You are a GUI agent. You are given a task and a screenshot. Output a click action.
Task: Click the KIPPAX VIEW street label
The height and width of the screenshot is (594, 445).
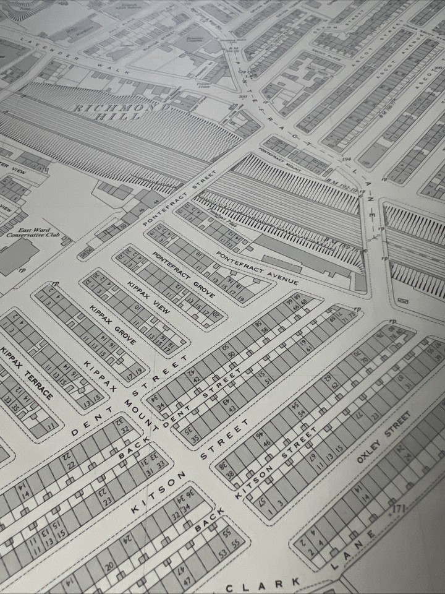(148, 296)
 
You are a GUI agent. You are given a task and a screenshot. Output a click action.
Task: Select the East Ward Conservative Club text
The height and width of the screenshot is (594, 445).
(28, 233)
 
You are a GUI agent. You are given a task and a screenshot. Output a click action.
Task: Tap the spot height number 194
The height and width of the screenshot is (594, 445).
(347, 159)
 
